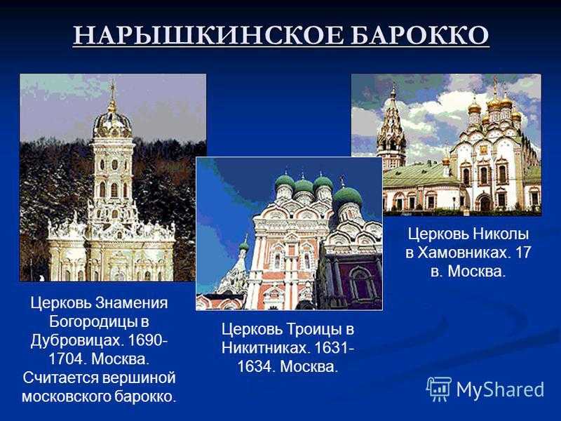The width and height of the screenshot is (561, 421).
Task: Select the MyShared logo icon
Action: pyautogui.click(x=439, y=389)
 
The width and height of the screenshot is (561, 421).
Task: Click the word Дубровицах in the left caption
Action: pyautogui.click(x=76, y=340)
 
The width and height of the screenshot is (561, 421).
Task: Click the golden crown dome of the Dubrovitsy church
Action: pyautogui.click(x=112, y=123)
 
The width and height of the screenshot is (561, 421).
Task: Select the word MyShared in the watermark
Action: pyautogui.click(x=500, y=389)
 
